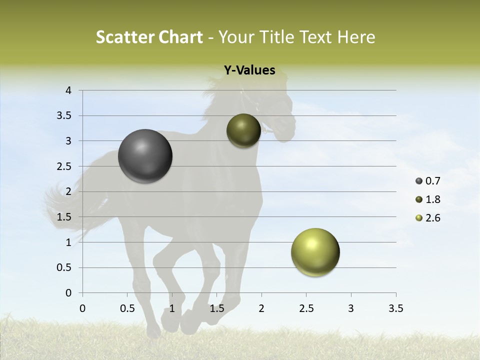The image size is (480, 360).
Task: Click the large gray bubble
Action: (145, 156)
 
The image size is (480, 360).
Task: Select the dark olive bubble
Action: (243, 131)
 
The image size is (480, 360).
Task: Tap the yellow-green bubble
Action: (315, 252)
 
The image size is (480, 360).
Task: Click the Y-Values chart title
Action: (249, 70)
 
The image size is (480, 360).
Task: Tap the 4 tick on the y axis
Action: (68, 90)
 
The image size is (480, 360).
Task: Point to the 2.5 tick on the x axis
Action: (306, 308)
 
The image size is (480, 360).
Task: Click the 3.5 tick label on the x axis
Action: (395, 308)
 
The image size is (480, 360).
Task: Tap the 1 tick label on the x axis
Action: (172, 308)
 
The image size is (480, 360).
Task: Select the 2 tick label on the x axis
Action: (261, 308)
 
